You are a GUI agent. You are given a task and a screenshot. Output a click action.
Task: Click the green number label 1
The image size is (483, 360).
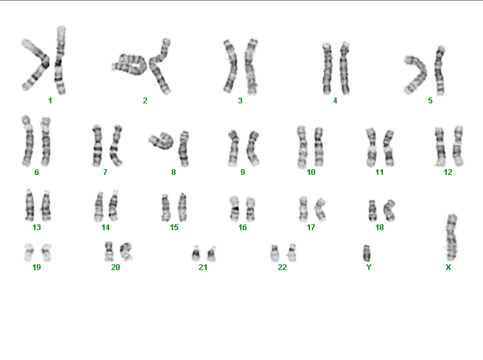pos(50,100)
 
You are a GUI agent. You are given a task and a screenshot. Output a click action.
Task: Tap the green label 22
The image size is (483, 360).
pos(282,267)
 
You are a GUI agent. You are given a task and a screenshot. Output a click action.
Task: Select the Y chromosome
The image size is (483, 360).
pos(366,253)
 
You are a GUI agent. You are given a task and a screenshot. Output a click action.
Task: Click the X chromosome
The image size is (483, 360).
pos(451,237)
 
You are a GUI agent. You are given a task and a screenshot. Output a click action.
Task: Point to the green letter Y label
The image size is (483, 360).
pos(369,267)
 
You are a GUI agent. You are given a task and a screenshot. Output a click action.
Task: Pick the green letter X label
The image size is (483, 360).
pos(448,267)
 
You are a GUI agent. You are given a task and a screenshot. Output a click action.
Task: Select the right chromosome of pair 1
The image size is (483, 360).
pos(60,60)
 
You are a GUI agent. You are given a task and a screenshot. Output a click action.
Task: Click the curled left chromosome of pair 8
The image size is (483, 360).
pos(162,141)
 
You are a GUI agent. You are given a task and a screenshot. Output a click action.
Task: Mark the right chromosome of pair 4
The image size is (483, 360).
pos(344,68)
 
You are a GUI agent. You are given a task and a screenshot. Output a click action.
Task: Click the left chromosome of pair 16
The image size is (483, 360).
pos(235,209)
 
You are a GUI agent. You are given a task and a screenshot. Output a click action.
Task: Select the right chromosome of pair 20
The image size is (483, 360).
pos(126,251)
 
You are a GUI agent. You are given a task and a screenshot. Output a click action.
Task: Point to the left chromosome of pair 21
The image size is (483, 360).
pos(196,253)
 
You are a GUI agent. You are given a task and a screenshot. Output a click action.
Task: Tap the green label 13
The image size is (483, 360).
pos(37,228)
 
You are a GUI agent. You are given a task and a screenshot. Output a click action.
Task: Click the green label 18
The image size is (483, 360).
pos(380,228)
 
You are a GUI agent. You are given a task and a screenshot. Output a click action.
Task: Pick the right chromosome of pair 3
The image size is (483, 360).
pos(251,67)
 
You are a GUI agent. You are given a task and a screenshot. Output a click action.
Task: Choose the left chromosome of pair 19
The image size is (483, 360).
pos(29,252)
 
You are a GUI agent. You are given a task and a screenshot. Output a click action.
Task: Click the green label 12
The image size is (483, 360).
pos(448,172)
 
